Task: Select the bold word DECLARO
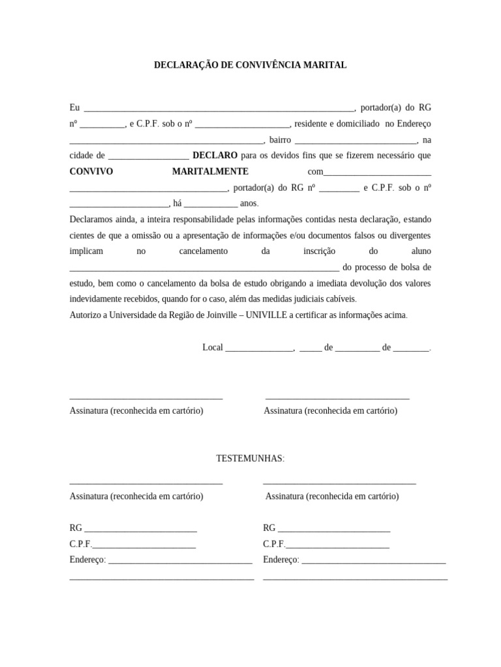pyautogui.click(x=215, y=156)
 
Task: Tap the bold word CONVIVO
pyautogui.click(x=91, y=171)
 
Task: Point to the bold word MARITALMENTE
pyautogui.click(x=210, y=171)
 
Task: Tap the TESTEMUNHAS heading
pyautogui.click(x=250, y=459)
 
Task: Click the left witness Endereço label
pyautogui.click(x=87, y=560)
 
